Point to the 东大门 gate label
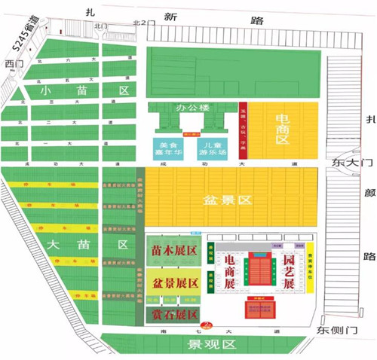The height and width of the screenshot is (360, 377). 352,162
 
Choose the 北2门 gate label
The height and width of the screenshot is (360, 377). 143,25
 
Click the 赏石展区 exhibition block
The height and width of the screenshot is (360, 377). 176,313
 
